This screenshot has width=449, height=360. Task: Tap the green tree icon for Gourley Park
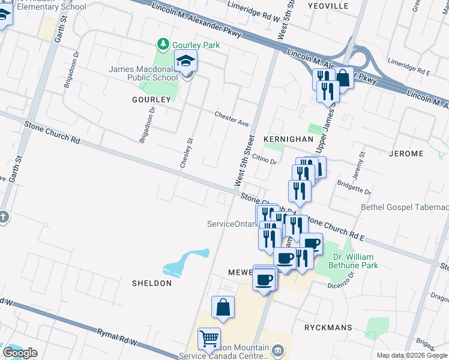click(162, 44)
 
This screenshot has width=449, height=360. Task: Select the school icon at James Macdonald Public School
click(186, 61)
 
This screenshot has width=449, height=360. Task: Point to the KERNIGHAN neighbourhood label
click(289, 139)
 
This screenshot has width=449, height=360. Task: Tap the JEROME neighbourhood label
click(406, 154)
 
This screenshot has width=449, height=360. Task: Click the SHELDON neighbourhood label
click(152, 283)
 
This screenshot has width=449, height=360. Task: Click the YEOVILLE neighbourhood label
click(328, 5)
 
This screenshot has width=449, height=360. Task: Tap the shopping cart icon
click(209, 340)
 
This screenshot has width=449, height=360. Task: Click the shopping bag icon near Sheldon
click(223, 308)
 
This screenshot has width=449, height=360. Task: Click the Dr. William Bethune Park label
click(355, 260)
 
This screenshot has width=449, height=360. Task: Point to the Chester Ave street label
click(232, 119)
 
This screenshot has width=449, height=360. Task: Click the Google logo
click(20, 353)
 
